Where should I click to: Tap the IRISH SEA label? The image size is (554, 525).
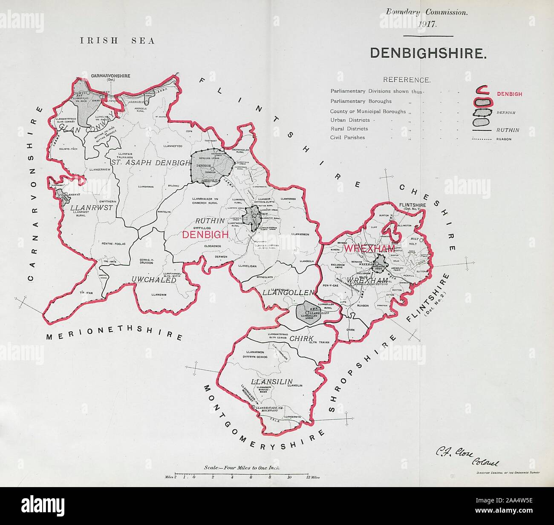pos(117,40)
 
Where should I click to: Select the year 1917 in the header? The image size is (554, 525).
pos(426,24)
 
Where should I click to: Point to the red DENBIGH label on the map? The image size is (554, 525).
pos(205,235)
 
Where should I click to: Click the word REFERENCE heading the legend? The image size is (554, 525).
pos(407,80)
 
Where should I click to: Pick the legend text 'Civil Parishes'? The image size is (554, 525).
pos(347,138)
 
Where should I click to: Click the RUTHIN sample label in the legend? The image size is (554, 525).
pos(507,130)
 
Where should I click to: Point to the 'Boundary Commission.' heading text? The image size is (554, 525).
pos(427,12)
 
